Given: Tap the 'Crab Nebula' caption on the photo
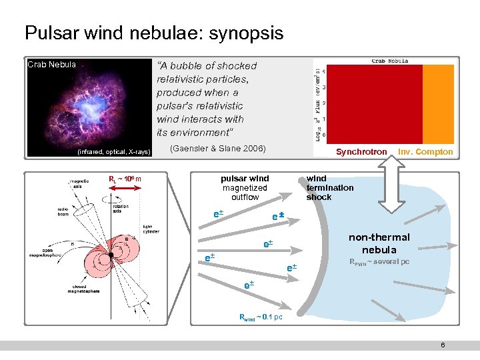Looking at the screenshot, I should coord(51,65).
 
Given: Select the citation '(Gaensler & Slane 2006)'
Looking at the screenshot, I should coord(218,148).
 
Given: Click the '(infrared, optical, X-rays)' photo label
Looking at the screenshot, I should coord(114,153).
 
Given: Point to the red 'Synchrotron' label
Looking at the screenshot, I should coord(361,152).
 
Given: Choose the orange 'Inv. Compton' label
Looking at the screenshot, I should coord(425,152).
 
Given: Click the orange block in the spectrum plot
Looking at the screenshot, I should coord(438,103).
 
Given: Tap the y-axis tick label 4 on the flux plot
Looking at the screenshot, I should coord(325,71).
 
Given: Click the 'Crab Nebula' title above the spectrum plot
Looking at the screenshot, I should coord(389,61).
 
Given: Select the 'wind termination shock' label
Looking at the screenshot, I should coord(329,187).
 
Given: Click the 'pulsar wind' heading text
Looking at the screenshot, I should coord(245,179).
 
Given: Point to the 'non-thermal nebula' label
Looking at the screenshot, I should coord(379,243).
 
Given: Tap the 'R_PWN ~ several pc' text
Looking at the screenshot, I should coord(379,262).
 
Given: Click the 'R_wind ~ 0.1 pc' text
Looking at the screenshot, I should coord(261,317).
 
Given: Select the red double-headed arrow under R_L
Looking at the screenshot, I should coord(123,189).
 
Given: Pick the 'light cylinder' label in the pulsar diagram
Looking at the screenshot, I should coord(152,230).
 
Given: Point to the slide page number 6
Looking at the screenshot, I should coord(443,345).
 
